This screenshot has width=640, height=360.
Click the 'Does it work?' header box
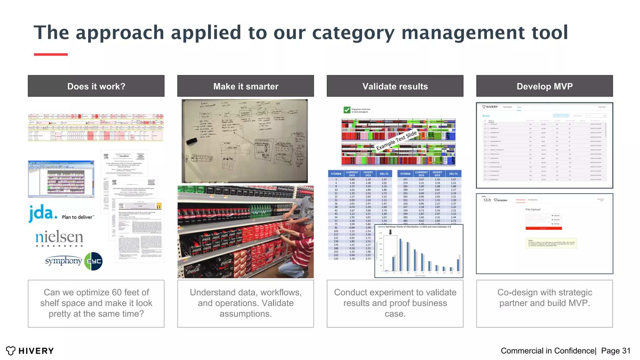tap(96, 86)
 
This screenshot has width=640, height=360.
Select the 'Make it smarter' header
tap(246, 86)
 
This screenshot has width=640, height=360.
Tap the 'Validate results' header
tap(395, 86)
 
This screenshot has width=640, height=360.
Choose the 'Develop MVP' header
tap(544, 86)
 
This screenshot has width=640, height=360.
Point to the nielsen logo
tap(59, 238)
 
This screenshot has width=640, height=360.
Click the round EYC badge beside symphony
tap(93, 261)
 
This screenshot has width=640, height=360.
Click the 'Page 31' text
tap(616, 351)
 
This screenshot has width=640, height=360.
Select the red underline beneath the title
tap(51, 54)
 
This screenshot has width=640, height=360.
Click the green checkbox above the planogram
tap(347, 110)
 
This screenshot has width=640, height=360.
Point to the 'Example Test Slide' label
tap(396, 140)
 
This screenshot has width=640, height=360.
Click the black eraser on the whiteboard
tap(192, 141)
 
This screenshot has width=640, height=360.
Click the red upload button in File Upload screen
tap(543, 228)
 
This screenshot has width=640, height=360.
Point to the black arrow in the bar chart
tap(390, 232)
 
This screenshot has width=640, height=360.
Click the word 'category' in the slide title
tap(353, 32)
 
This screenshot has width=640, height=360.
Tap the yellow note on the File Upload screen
tap(551, 243)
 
